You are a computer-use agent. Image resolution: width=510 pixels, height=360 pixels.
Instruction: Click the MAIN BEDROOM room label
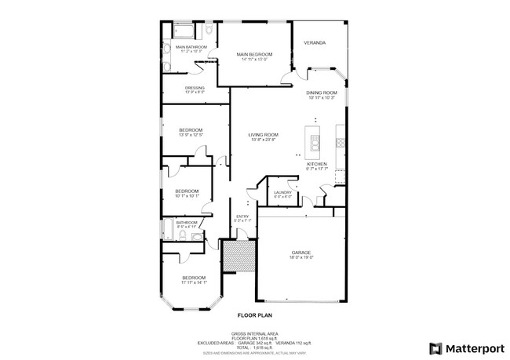(254, 54)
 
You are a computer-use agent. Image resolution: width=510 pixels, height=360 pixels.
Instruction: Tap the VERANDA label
(315, 42)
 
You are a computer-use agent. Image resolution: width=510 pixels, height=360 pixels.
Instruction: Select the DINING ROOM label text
(321, 93)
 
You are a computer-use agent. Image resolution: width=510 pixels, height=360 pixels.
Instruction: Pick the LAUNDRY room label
(282, 192)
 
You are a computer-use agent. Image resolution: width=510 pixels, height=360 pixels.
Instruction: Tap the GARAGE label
(301, 253)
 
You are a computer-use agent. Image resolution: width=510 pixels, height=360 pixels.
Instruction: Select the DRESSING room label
(195, 87)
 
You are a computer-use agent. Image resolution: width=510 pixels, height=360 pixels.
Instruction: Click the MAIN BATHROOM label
(191, 47)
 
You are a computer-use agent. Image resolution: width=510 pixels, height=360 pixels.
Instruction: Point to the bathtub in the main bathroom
(184, 31)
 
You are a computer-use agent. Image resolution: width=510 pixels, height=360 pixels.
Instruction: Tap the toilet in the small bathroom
(197, 234)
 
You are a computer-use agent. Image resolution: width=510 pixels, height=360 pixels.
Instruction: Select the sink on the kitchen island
(315, 143)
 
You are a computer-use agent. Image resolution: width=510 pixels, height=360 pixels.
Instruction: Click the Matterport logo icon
(433, 347)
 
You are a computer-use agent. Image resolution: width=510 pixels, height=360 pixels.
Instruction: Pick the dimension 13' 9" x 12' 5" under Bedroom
(191, 135)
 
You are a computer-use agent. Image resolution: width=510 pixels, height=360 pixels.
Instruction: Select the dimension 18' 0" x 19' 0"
(301, 257)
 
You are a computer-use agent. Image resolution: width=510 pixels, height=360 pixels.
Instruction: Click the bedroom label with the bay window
(194, 278)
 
